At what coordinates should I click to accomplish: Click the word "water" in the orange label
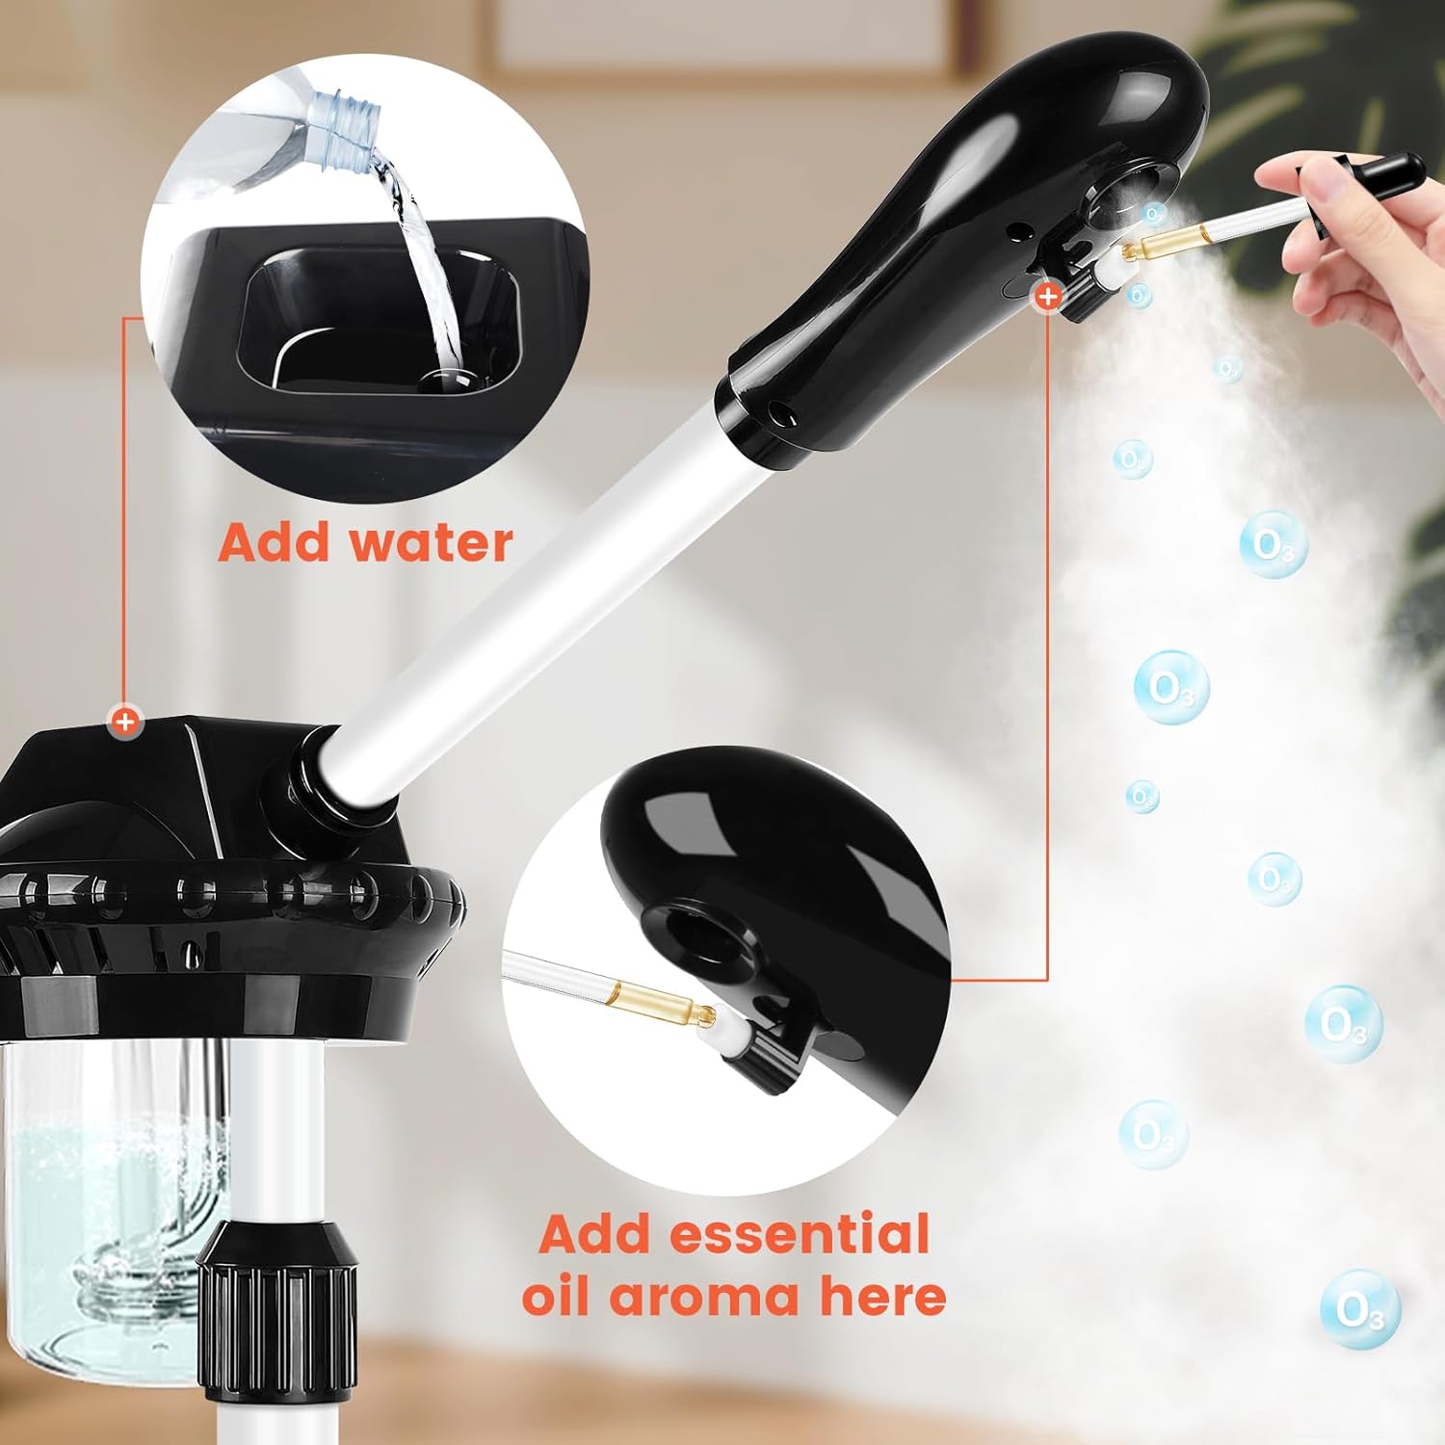pyautogui.click(x=431, y=542)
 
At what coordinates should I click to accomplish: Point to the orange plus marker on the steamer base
pyautogui.click(x=124, y=721)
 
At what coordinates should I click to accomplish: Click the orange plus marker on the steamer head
pyautogui.click(x=1047, y=297)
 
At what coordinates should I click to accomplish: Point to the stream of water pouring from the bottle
pyautogui.click(x=424, y=260)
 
